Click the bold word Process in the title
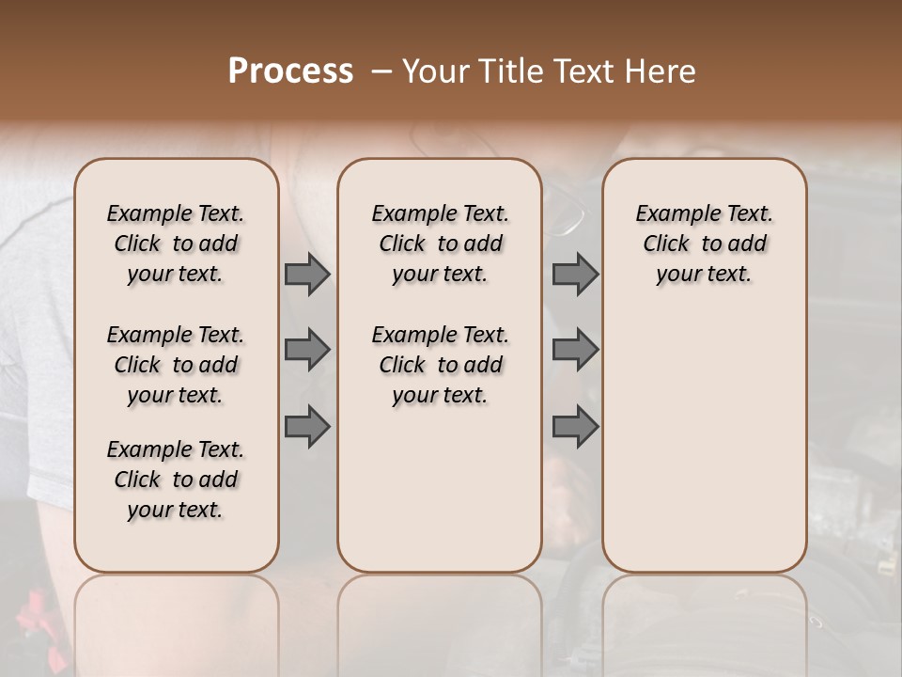tap(290, 71)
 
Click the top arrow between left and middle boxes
tap(307, 275)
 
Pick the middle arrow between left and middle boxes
tap(307, 350)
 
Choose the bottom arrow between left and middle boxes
tap(307, 427)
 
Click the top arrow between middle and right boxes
tap(575, 275)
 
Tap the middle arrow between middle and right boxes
tap(575, 350)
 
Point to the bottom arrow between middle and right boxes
tap(575, 427)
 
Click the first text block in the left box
tap(176, 244)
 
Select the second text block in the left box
tap(176, 365)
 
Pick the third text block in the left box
tap(176, 480)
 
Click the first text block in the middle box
tap(440, 244)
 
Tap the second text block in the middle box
tap(440, 365)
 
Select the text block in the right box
tap(704, 244)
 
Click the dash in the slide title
tap(381, 72)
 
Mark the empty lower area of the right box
tap(704, 433)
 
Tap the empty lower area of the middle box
tap(440, 489)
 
